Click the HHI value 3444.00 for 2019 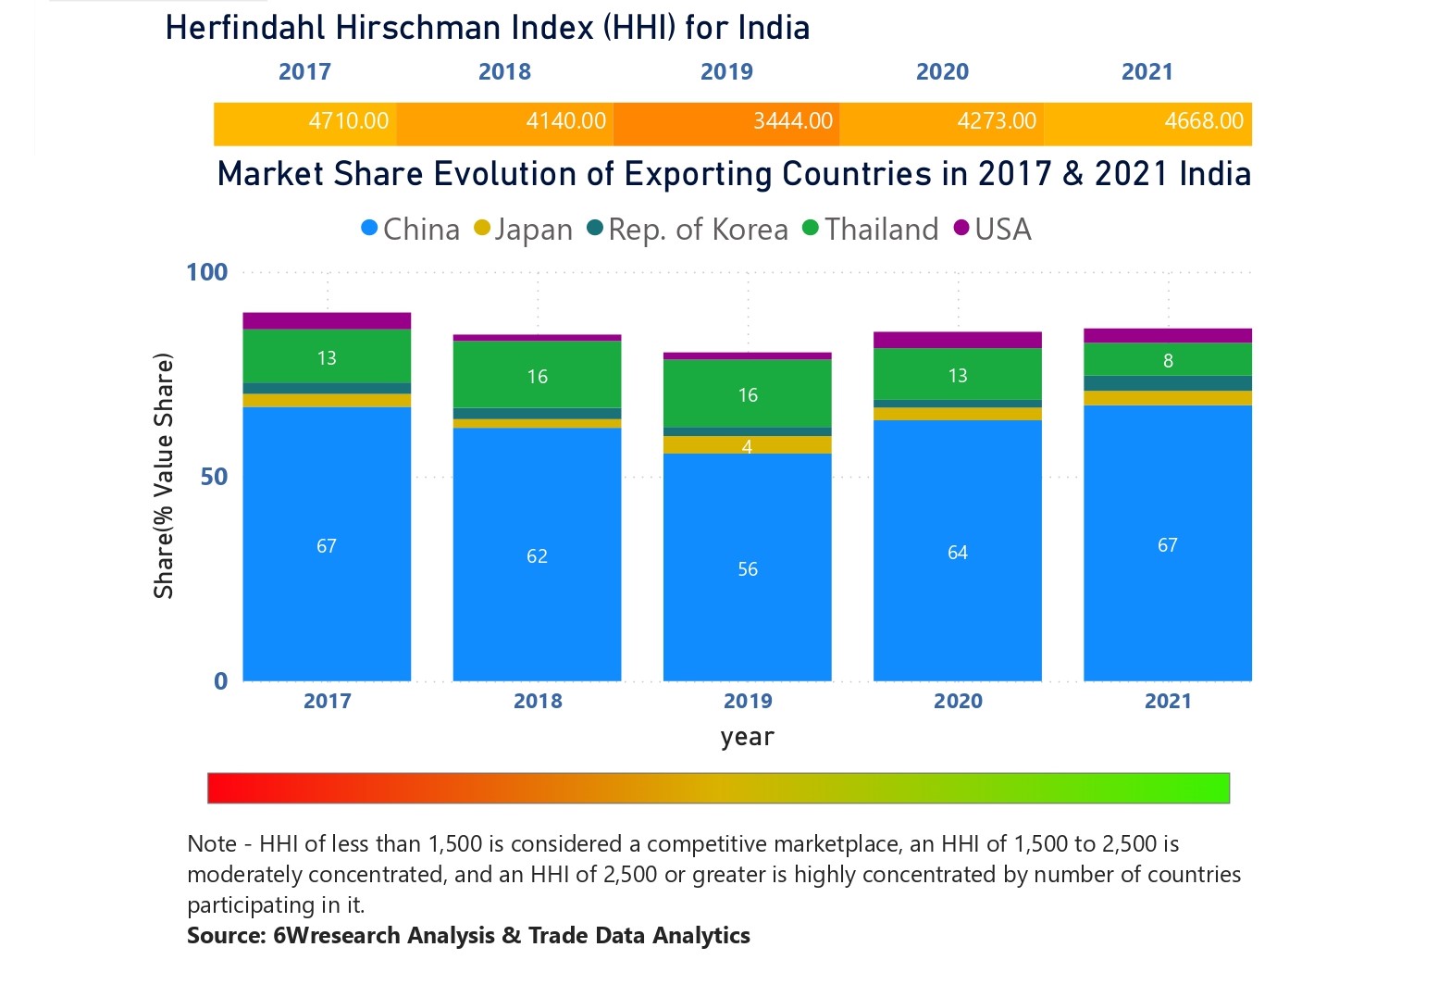[792, 121]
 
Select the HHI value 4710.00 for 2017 [348, 121]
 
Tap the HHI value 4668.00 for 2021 [1203, 121]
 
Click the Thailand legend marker [811, 229]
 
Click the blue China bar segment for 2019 [747, 567]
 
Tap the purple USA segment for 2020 [957, 340]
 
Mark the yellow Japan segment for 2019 [747, 445]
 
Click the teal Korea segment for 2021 [1167, 383]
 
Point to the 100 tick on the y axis [206, 272]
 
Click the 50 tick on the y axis [214, 477]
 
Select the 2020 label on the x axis [957, 701]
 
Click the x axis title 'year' [747, 737]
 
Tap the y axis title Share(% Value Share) [164, 476]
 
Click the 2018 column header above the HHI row [504, 72]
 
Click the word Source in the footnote [226, 936]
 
